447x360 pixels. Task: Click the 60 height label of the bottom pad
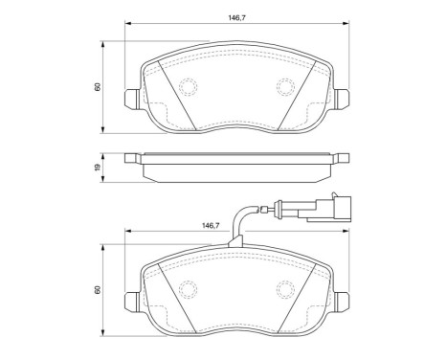[x=98, y=289]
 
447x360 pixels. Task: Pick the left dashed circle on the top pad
[x=188, y=87]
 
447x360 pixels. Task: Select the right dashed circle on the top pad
[x=285, y=87]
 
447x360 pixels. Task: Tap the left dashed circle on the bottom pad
[x=188, y=289]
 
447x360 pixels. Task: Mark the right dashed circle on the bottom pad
[x=285, y=289]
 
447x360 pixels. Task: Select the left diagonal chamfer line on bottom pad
[x=172, y=293]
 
